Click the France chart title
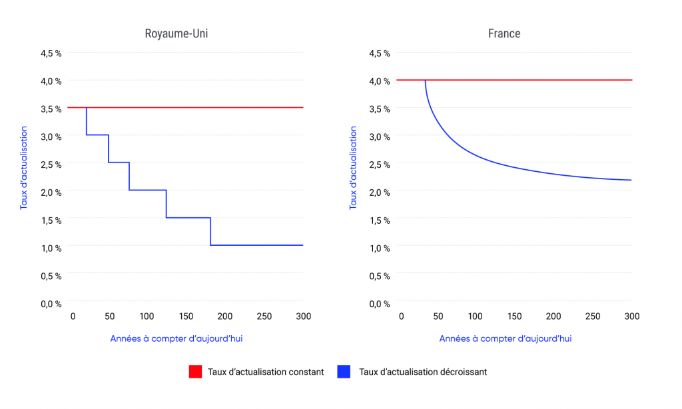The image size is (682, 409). point(504,33)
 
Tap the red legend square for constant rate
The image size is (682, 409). point(195,372)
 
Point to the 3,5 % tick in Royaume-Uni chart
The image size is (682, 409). point(51,109)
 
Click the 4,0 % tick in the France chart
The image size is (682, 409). point(379,81)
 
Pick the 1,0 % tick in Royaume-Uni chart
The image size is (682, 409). point(51,248)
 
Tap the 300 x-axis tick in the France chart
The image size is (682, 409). point(631,316)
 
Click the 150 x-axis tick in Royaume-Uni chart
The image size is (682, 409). point(186,316)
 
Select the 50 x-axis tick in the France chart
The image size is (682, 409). point(437,316)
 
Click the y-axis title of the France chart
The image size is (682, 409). point(354,168)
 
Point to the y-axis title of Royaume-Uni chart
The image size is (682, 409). point(24,168)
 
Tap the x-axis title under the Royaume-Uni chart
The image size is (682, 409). point(176,338)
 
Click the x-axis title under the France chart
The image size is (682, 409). point(505,338)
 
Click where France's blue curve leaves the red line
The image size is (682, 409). point(425,81)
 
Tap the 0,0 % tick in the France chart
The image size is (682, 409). point(379,304)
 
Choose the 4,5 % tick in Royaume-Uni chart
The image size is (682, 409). point(51,53)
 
